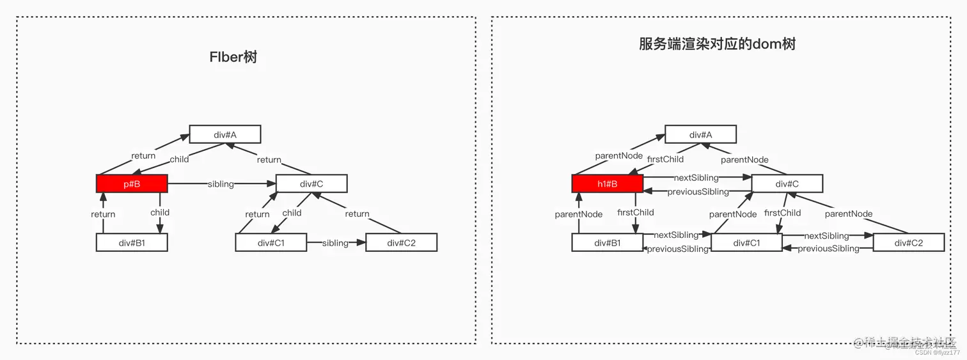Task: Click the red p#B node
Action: [132, 184]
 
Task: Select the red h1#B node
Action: [607, 184]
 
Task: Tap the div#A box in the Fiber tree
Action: [225, 134]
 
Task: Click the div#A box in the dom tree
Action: [700, 134]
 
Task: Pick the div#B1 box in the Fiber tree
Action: [132, 242]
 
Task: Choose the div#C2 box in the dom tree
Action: [908, 242]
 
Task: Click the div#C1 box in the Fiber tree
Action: [271, 242]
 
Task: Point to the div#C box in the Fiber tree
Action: [311, 184]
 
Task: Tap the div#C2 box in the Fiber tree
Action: [401, 242]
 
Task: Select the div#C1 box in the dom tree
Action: [746, 242]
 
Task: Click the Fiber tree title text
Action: [233, 57]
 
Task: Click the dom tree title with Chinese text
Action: [717, 43]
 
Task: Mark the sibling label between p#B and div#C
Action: [221, 184]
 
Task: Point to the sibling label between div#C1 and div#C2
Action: [335, 243]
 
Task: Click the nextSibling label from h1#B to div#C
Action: [696, 178]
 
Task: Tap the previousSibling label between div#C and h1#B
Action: [698, 192]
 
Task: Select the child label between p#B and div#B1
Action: [160, 212]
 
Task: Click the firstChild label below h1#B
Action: [636, 212]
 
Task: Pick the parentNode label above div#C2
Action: [849, 214]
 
